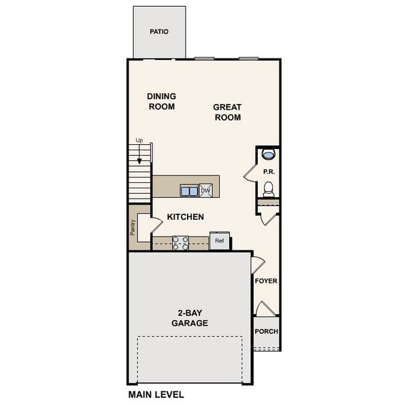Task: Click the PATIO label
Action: tap(159, 31)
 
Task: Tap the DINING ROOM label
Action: tap(161, 101)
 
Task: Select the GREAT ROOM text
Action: tap(228, 112)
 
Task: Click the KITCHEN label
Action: tap(185, 217)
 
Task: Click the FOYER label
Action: tap(266, 281)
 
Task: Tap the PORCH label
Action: tap(266, 332)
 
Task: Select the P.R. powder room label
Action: tap(269, 172)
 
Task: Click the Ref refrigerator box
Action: tap(220, 241)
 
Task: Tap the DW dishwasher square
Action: tap(205, 190)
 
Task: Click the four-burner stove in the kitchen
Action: tap(180, 243)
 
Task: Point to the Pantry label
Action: tap(133, 227)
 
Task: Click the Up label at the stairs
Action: tap(139, 141)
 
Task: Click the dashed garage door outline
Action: tap(190, 337)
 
